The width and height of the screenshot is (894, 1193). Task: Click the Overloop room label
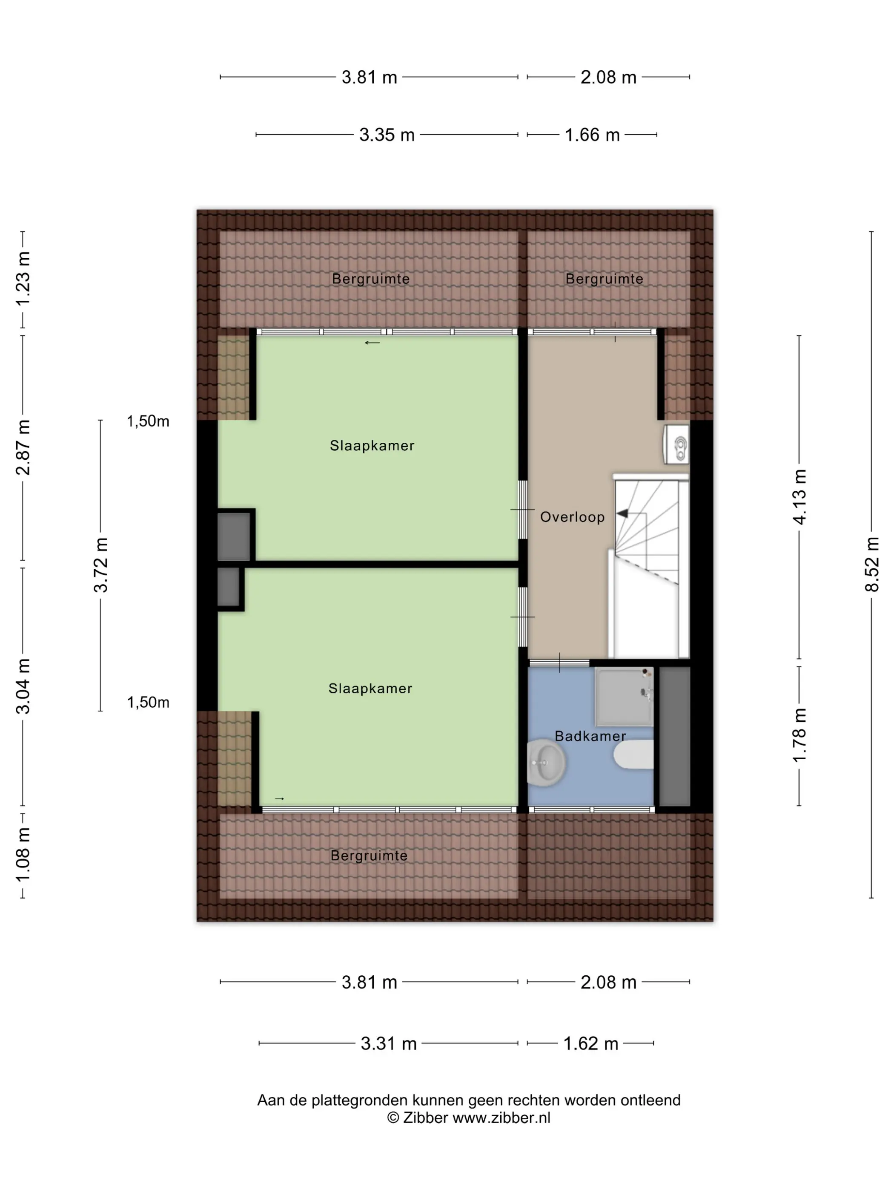click(572, 517)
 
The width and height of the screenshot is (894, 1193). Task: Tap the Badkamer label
click(590, 736)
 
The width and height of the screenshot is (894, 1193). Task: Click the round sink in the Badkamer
click(546, 761)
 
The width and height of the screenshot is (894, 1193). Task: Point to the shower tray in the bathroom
click(624, 696)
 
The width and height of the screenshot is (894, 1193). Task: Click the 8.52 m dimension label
click(871, 564)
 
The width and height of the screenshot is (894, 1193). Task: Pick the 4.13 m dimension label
click(799, 497)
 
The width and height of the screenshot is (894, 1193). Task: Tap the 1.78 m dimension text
click(799, 735)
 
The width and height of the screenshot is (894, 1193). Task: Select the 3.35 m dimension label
click(387, 134)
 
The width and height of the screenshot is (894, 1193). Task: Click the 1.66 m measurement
click(592, 134)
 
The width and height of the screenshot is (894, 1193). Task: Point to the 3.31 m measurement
click(389, 1043)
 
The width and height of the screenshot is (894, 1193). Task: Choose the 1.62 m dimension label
click(590, 1043)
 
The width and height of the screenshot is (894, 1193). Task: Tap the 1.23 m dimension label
click(23, 278)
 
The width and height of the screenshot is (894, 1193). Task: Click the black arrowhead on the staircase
click(622, 513)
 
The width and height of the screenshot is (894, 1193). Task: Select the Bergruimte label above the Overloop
click(604, 279)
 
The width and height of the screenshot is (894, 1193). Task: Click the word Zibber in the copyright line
click(426, 1118)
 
